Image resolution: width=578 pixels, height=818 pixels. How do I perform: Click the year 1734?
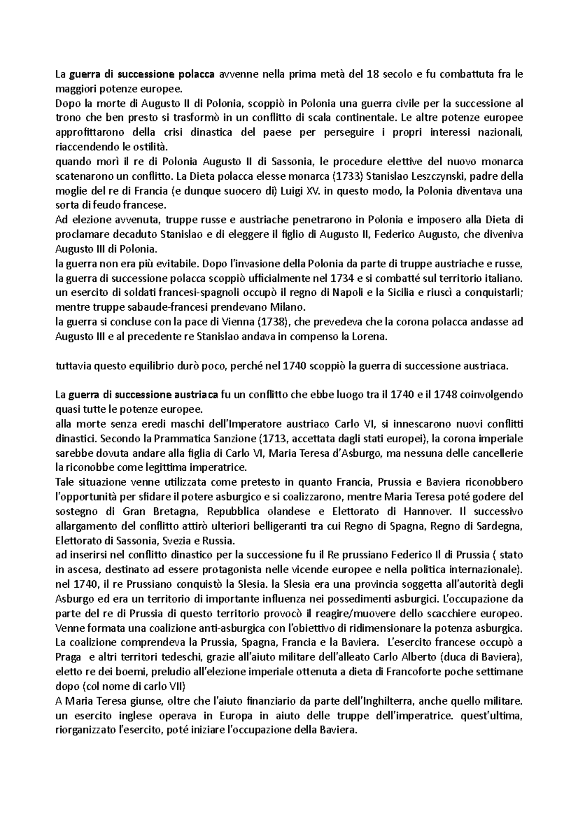(x=345, y=278)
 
